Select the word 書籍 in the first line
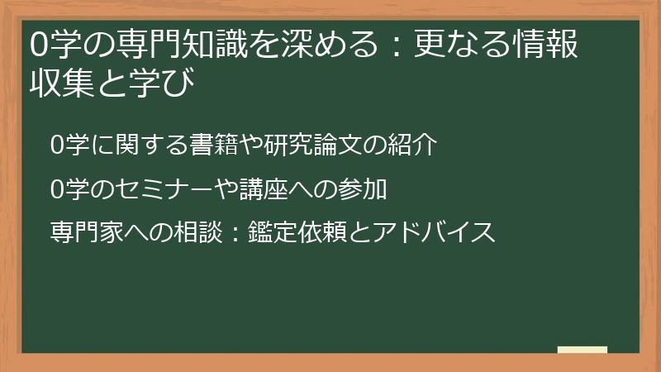217,146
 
